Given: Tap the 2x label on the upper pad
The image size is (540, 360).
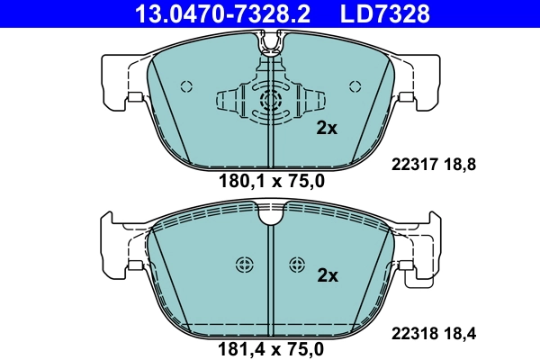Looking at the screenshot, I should pyautogui.click(x=327, y=129).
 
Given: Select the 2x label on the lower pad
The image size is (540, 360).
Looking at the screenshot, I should pyautogui.click(x=327, y=275).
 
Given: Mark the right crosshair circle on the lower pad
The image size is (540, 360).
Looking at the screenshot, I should pyautogui.click(x=298, y=264).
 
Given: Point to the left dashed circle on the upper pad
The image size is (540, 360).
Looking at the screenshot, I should pyautogui.click(x=187, y=86).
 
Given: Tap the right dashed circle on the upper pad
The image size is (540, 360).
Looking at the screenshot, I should pyautogui.click(x=353, y=86).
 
